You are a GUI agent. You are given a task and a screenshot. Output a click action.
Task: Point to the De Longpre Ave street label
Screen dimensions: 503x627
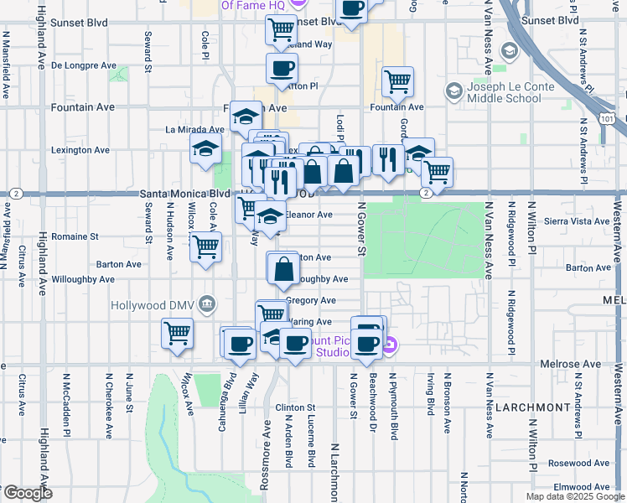(84, 65)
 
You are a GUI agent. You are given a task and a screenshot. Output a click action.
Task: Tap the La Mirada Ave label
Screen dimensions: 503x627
(194, 130)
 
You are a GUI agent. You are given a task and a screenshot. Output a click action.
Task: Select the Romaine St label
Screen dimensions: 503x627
(75, 236)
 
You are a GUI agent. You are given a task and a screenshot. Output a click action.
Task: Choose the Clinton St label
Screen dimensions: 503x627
(294, 407)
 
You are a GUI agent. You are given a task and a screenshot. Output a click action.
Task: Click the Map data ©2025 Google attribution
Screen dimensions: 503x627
(575, 496)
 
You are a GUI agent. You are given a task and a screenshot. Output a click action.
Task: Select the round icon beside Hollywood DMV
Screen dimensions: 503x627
(209, 303)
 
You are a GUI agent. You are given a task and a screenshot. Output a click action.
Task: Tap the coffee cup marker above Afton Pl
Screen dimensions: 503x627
(282, 68)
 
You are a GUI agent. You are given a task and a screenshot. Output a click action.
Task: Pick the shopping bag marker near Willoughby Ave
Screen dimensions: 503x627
(283, 268)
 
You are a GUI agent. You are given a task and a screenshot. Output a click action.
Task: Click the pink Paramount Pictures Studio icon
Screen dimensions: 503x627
(388, 344)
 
